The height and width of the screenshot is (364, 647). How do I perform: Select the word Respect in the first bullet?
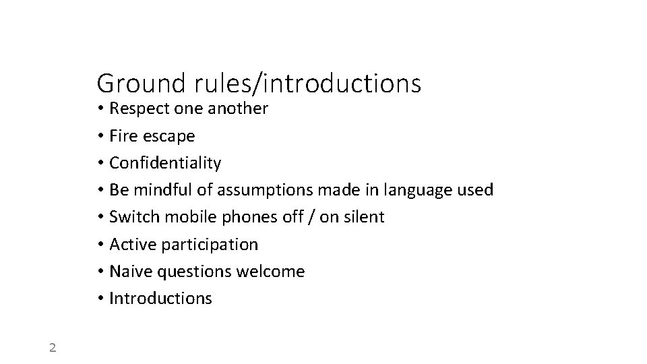click(137, 109)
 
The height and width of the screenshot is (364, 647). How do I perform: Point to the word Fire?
click(123, 136)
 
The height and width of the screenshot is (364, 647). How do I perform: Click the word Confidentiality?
click(164, 163)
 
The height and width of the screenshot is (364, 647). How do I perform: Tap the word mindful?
click(164, 190)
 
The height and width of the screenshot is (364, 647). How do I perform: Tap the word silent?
click(363, 217)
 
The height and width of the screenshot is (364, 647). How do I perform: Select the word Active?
click(130, 244)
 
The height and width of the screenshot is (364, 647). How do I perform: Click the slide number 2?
click(53, 348)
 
